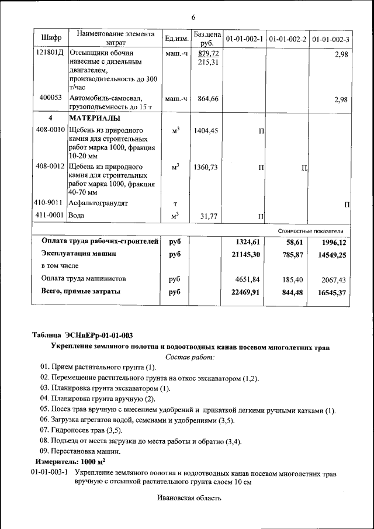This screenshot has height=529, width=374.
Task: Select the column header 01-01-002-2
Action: [288, 39]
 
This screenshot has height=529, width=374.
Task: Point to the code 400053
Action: [51, 98]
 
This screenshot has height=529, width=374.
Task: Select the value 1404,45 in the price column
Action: [206, 130]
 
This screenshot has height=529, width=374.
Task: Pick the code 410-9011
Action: [50, 203]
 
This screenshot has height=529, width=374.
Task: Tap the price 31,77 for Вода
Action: [209, 216]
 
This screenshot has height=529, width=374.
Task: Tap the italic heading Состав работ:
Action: [190, 357]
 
